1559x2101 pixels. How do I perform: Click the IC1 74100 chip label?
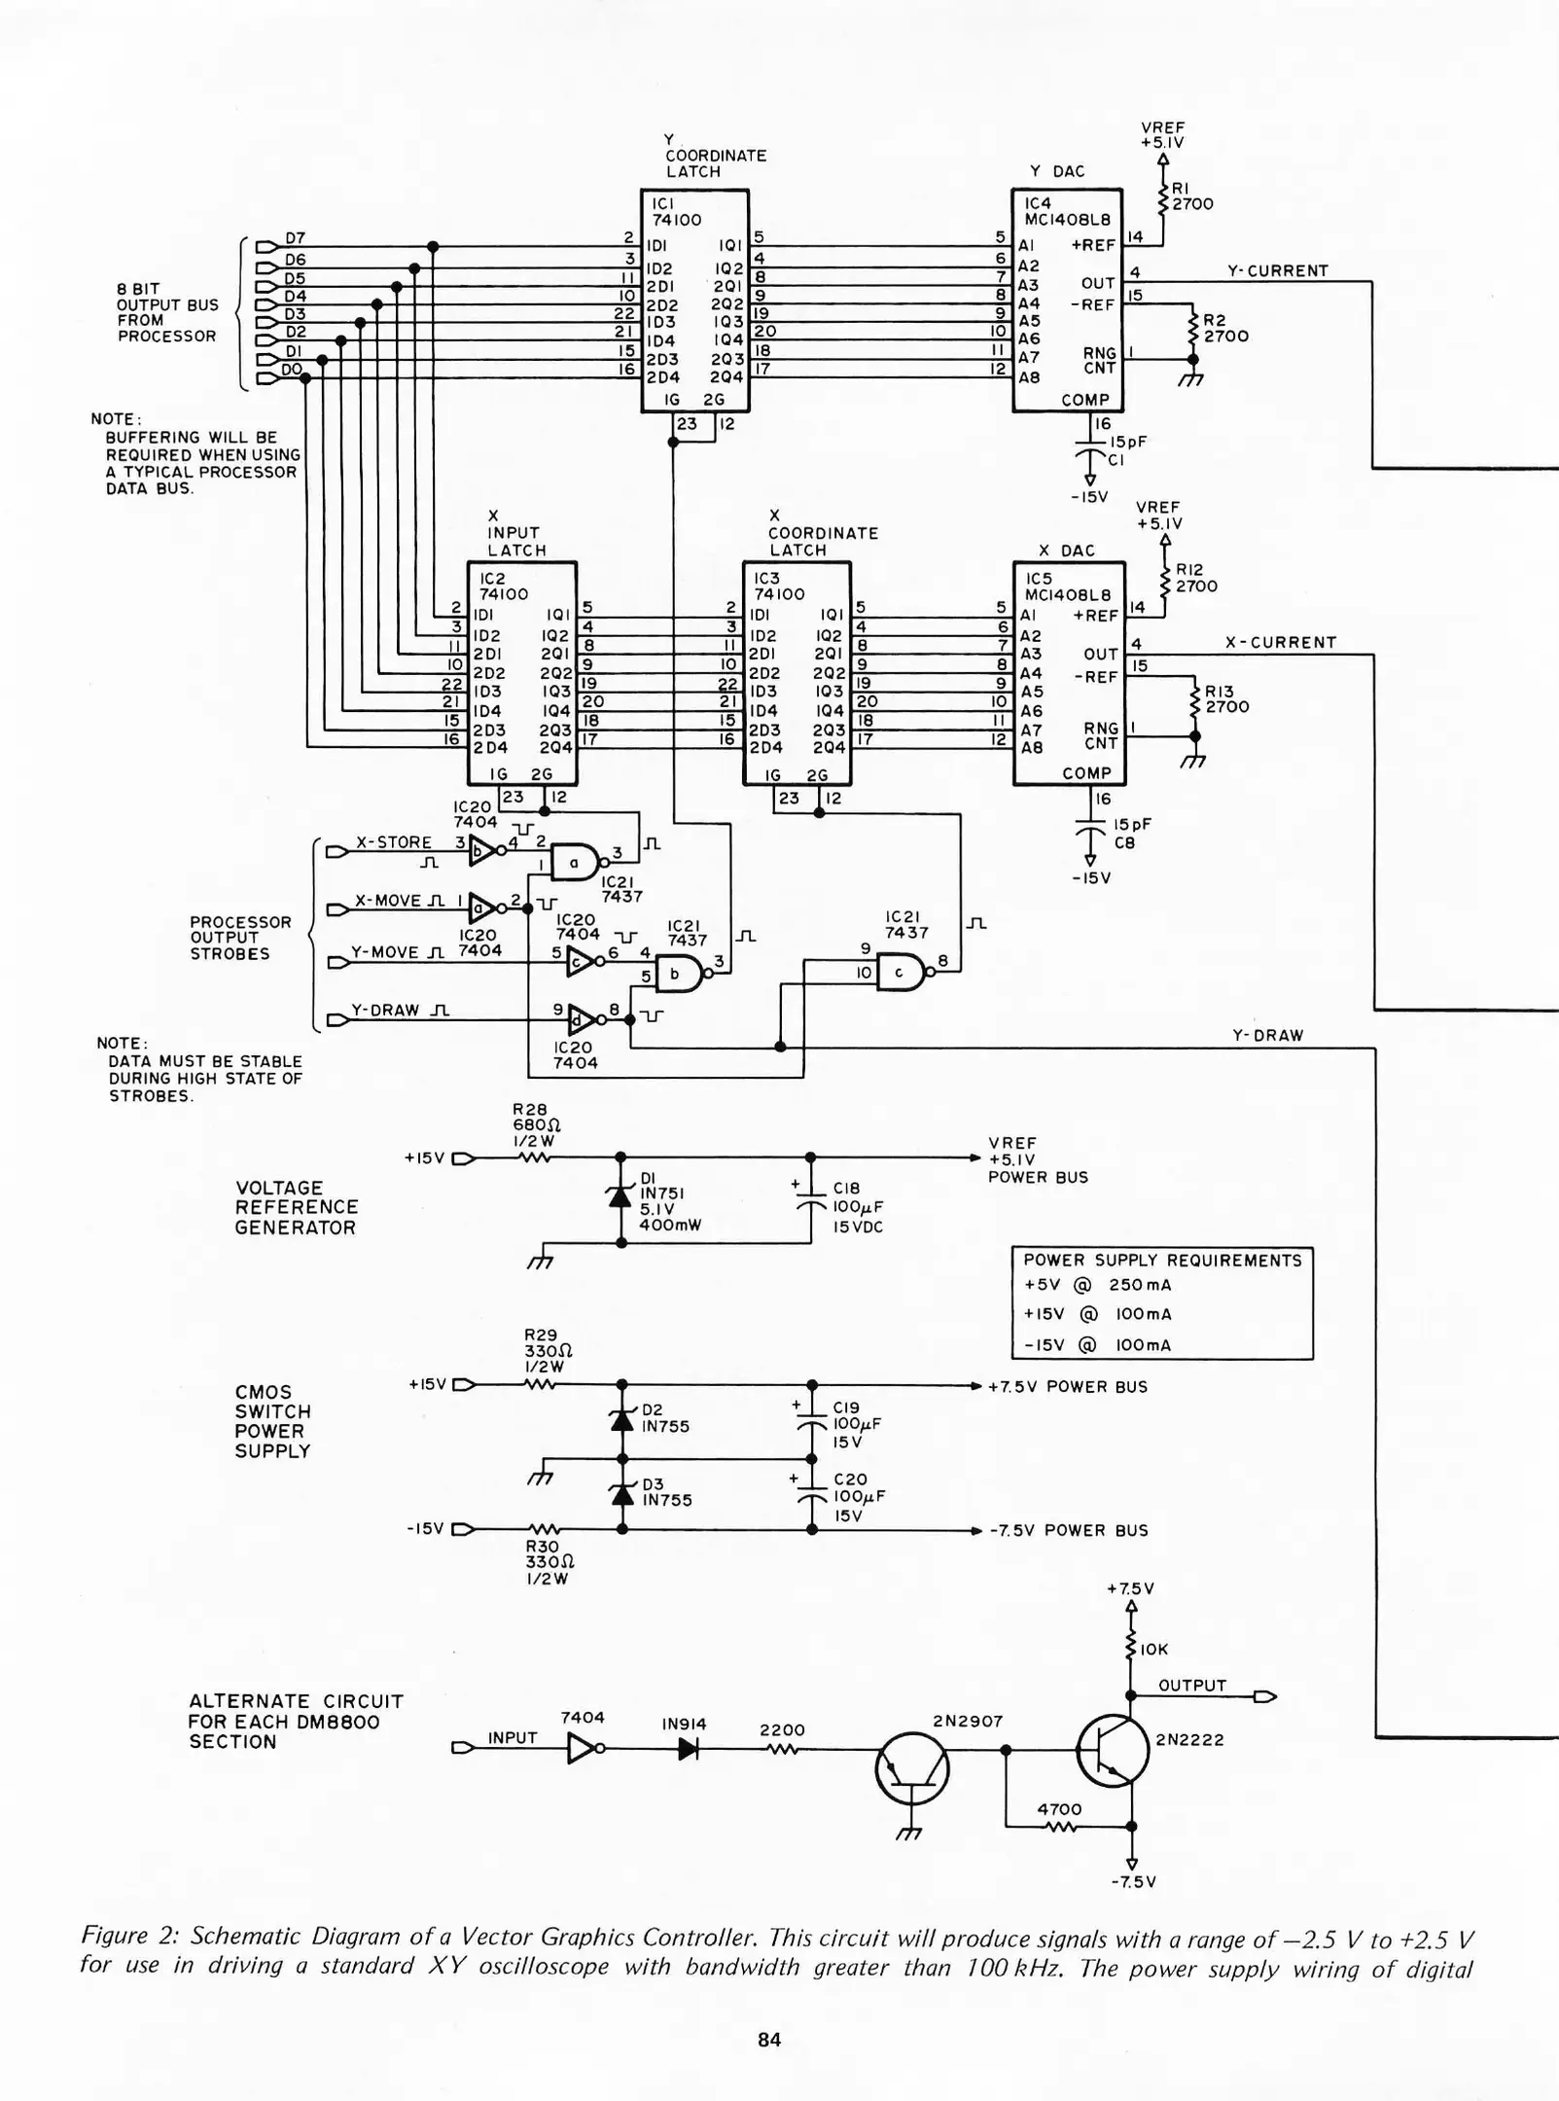(x=675, y=212)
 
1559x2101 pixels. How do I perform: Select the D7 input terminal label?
(x=295, y=238)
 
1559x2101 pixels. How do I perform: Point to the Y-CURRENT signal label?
(x=1277, y=271)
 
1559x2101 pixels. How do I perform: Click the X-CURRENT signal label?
(x=1280, y=643)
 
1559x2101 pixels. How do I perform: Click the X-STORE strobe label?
(x=393, y=842)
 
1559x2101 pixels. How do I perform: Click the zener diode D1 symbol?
(x=620, y=1196)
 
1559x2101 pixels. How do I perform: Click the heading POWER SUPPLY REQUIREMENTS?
(x=1161, y=1261)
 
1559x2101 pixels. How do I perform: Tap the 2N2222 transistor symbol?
(x=1113, y=1751)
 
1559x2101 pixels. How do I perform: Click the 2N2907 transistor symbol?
(x=911, y=1769)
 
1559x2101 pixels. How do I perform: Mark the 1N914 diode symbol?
(x=688, y=1749)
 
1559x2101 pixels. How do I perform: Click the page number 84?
(x=769, y=2040)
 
